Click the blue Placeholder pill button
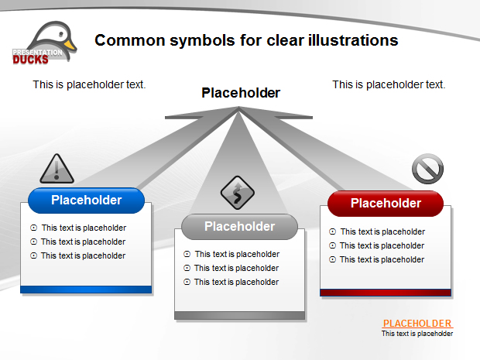[87, 201]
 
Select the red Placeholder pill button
[386, 204]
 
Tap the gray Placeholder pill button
[239, 227]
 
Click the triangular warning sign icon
[57, 169]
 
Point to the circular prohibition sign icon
[427, 169]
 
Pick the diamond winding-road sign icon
[237, 193]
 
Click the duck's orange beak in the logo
[70, 45]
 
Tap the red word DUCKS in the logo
[30, 60]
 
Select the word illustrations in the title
[353, 40]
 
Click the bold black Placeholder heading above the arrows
[241, 93]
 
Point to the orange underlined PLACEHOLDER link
[417, 324]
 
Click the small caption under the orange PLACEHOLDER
[417, 334]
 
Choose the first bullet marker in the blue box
[33, 228]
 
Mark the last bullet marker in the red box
[332, 259]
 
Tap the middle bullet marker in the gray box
[187, 268]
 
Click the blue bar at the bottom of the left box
[86, 290]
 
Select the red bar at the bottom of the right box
[386, 293]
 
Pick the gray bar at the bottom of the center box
[240, 315]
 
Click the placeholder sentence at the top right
[389, 84]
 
